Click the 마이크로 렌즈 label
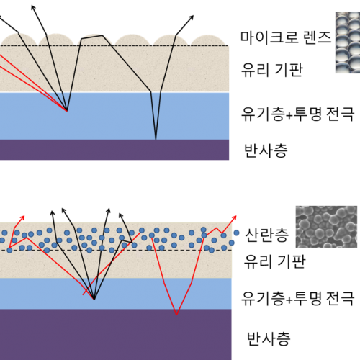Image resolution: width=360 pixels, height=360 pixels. pos(286,37)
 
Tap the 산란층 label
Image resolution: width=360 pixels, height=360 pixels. pos(266,235)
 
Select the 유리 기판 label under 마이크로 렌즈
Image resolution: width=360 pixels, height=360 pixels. pos(271,70)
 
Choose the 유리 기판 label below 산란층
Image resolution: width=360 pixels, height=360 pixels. pos(274,261)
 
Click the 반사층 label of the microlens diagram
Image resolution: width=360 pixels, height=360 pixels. pos(266,150)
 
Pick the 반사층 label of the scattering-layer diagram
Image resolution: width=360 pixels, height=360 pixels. pos(269,338)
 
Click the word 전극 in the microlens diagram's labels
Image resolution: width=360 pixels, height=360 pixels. pos(340,114)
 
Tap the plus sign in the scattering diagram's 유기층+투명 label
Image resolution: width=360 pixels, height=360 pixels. pos(289,300)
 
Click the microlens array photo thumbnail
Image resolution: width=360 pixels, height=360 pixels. pos(348,42)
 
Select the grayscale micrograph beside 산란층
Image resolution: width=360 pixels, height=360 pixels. pos(326,227)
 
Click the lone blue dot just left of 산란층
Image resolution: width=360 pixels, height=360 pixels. pos(236,233)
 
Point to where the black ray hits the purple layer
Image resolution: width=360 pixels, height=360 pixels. pos(156,139)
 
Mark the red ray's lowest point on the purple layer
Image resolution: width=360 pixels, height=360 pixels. pos(176,314)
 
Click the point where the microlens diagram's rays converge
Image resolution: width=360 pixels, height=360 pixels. pos(67,110)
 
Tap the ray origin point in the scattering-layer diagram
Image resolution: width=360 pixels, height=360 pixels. pos(94,300)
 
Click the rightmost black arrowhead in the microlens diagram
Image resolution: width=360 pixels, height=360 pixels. pos(191,18)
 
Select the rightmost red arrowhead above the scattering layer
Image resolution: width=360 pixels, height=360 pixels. pos(234,218)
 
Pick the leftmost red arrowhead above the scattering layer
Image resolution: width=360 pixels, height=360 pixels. pos(22,218)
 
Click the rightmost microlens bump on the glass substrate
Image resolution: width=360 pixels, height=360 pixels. pos(209,40)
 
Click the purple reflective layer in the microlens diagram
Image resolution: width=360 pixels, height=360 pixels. pos(114,150)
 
